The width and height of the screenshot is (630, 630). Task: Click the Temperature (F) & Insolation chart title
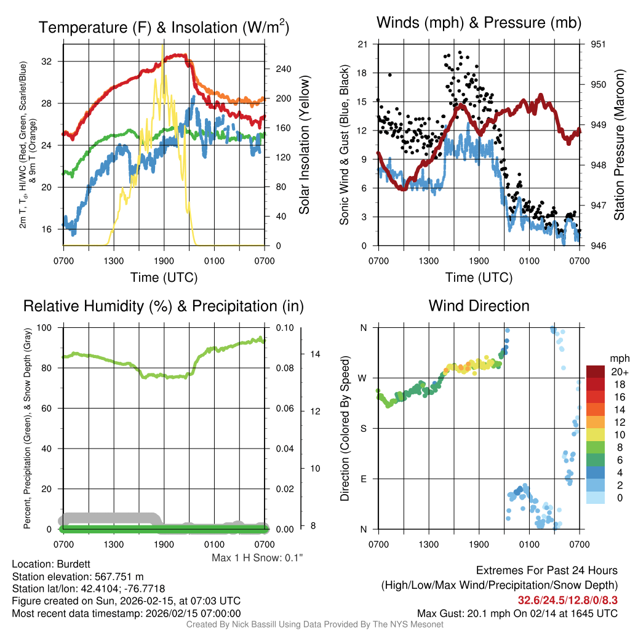point(164,28)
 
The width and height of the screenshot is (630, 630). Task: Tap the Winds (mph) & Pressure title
point(479,23)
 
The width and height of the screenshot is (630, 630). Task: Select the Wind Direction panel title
point(479,306)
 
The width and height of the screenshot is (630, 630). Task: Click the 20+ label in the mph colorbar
point(618,372)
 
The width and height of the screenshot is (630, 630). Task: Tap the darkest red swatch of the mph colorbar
point(597,371)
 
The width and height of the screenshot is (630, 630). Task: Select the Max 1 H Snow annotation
point(257,558)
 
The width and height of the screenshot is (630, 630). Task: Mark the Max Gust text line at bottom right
point(517,613)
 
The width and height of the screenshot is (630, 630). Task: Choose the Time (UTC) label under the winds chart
point(479,277)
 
